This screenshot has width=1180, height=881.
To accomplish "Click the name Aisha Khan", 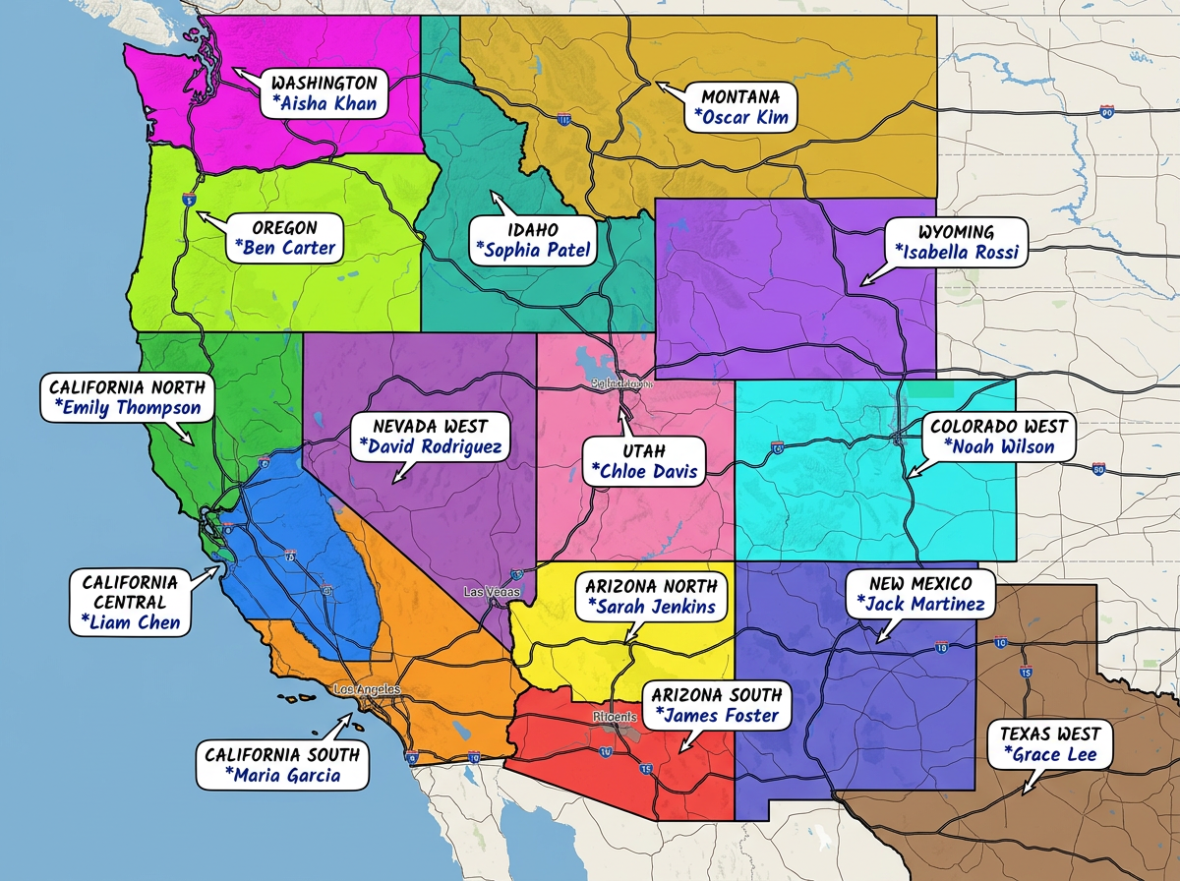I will coord(324,104).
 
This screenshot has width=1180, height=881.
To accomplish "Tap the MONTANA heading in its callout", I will coord(740,96).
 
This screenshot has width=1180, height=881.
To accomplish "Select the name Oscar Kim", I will coord(740,117).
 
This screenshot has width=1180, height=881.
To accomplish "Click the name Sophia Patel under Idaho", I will coord(532,250).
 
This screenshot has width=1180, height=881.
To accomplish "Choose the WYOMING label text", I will coord(956,232).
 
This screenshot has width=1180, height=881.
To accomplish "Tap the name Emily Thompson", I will coord(127,407).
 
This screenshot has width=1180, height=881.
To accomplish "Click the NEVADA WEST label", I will coord(431,426).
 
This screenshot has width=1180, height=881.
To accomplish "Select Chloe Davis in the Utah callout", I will coord(644,471).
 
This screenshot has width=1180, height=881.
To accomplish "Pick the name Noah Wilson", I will coord(999,446).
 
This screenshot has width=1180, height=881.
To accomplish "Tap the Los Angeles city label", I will coord(367,689).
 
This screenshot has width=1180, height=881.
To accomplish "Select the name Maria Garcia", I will coord(282,775).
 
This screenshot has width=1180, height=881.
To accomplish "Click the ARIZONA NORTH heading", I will coord(650,585).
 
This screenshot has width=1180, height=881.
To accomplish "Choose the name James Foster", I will coord(716,716).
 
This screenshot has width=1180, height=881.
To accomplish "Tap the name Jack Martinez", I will coord(920,604).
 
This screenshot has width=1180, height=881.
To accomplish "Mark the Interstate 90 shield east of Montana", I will coord(1107,113).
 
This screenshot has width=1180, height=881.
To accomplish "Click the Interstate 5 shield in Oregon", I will coord(189,199).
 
